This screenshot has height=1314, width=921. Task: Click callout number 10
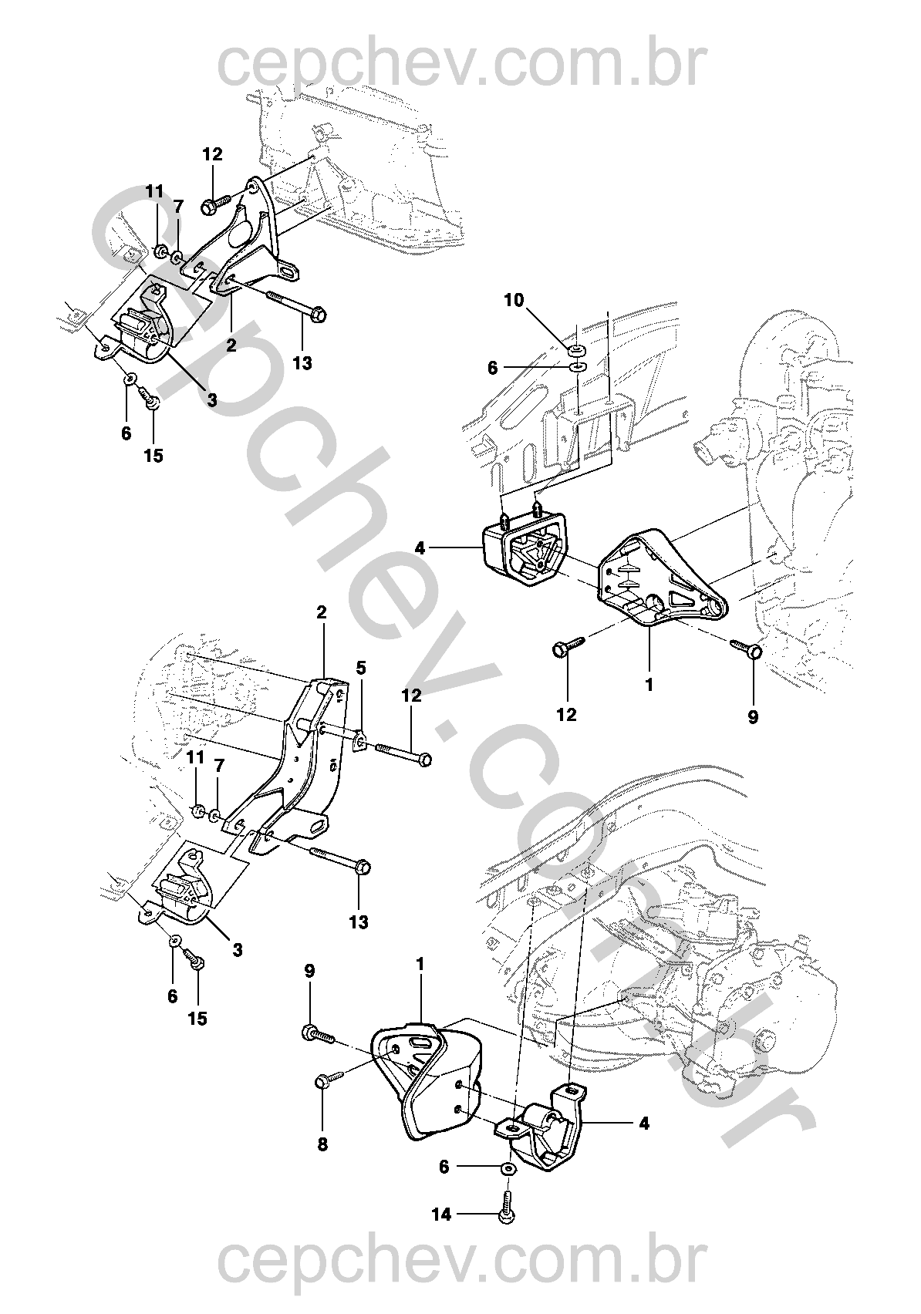pos(513,301)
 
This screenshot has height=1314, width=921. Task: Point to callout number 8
pos(322,1144)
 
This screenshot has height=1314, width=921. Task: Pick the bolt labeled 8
pos(330,1077)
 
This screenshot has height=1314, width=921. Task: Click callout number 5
pos(361,668)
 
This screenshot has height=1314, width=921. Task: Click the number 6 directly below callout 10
pos(492,368)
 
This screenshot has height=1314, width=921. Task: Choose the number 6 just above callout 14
pos(444,1167)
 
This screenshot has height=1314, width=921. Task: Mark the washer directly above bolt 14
pos(508,1169)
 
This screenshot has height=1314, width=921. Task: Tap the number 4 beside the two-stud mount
pos(419,548)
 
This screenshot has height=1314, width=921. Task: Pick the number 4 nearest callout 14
pos(644,1124)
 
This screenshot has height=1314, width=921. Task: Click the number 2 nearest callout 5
pos(321,612)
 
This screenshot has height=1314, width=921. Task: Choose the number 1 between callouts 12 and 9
pos(649,684)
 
